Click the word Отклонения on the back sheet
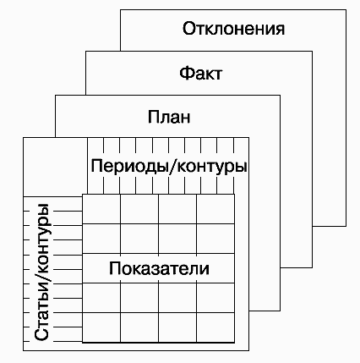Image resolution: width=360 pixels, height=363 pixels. pyautogui.click(x=233, y=29)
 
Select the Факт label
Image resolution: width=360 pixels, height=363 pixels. pyautogui.click(x=200, y=73)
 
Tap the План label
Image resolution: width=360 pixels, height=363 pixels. pyautogui.click(x=169, y=117)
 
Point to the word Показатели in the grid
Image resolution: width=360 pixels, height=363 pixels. pyautogui.click(x=159, y=268)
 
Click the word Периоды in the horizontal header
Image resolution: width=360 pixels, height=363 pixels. pyautogui.click(x=129, y=167)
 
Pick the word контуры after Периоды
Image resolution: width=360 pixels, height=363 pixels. pyautogui.click(x=212, y=167)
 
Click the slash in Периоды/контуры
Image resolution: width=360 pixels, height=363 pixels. pyautogui.click(x=172, y=167)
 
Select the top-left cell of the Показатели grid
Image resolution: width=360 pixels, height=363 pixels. pyautogui.click(x=101, y=209)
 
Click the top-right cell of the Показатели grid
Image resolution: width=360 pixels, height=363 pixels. pyautogui.click(x=215, y=209)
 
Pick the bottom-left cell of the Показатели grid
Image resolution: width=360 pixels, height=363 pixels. pyautogui.click(x=101, y=327)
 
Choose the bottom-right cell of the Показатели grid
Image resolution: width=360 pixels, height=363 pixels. pyautogui.click(x=215, y=327)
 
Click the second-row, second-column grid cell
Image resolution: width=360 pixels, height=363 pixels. pyautogui.click(x=139, y=239)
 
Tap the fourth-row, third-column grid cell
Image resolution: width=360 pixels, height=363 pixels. pyautogui.click(x=177, y=298)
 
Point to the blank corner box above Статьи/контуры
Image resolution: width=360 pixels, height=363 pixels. pyautogui.click(x=55, y=167)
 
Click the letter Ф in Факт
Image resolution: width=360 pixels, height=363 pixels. pyautogui.click(x=186, y=73)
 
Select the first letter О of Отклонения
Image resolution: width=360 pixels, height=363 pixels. pyautogui.click(x=189, y=29)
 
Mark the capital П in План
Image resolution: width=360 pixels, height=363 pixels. pyautogui.click(x=154, y=117)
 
